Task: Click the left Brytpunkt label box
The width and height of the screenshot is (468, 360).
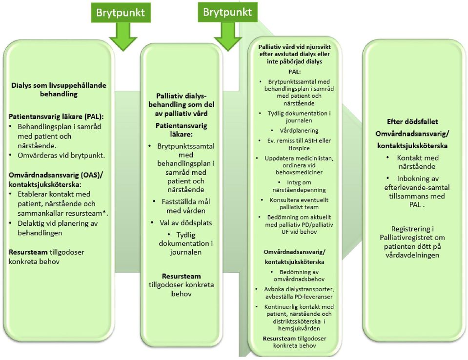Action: click(120, 13)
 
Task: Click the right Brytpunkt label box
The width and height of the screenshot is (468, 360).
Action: click(227, 12)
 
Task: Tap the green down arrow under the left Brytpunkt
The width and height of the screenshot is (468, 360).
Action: click(123, 37)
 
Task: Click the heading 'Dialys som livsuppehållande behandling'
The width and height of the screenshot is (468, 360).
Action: click(59, 89)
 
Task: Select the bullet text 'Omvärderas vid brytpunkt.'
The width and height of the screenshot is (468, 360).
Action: click(61, 156)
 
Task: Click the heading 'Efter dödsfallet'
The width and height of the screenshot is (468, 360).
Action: click(412, 121)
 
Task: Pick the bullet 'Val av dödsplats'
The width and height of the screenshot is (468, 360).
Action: click(185, 223)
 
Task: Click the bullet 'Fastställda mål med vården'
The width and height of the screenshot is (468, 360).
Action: click(185, 206)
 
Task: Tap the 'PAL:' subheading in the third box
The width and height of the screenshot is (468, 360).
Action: click(294, 72)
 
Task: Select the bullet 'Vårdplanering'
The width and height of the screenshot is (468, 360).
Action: click(299, 131)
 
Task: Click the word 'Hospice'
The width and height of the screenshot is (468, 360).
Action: click(299, 148)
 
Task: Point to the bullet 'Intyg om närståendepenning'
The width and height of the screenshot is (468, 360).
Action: click(299, 186)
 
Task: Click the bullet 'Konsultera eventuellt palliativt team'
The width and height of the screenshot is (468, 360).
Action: click(299, 203)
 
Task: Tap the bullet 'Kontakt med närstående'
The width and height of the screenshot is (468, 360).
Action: click(417, 162)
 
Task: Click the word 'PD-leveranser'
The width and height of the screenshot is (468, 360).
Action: click(313, 297)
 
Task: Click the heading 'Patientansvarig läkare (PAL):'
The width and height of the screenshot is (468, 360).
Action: click(58, 117)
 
